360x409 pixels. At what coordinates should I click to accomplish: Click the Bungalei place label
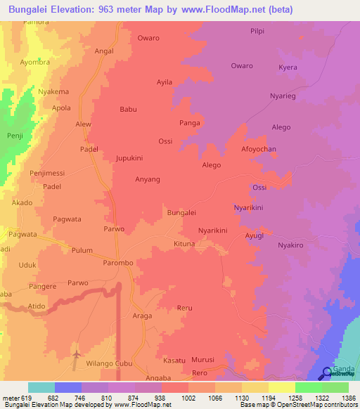coord(181,212)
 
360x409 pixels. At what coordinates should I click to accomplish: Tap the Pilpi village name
coord(258,32)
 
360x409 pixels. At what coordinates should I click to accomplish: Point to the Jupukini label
coord(129,159)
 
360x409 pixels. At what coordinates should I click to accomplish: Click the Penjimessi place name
coord(47,173)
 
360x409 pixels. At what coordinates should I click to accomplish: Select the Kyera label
coord(288,67)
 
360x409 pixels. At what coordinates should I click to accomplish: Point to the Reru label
coord(185,308)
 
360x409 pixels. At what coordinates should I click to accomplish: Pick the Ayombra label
coord(35,62)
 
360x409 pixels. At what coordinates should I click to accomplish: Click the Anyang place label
coord(148,179)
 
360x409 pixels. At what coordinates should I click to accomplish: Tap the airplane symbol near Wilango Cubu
coord(76,356)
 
